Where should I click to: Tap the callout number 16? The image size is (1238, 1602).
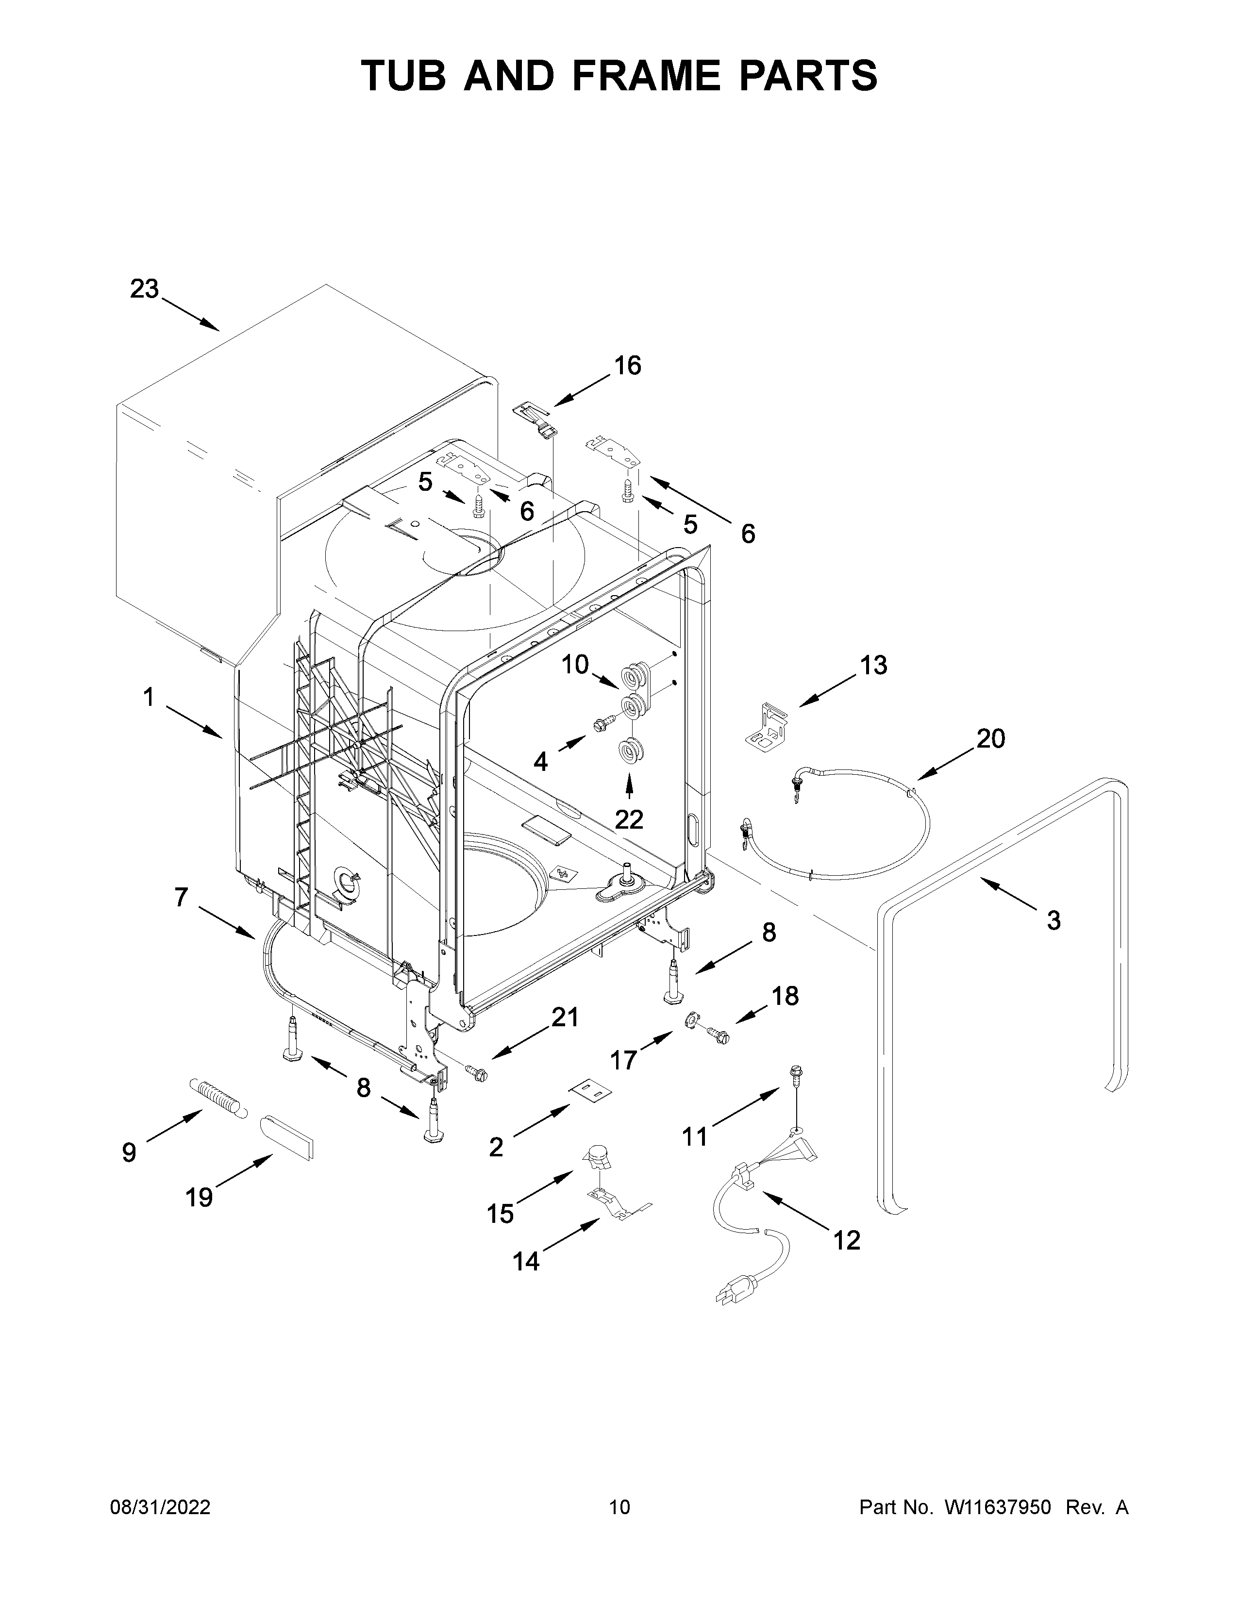tap(627, 365)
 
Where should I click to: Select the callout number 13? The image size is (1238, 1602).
tap(873, 665)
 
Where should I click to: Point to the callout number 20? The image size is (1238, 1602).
tap(990, 739)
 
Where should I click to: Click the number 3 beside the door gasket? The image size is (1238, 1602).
tap(1053, 920)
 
